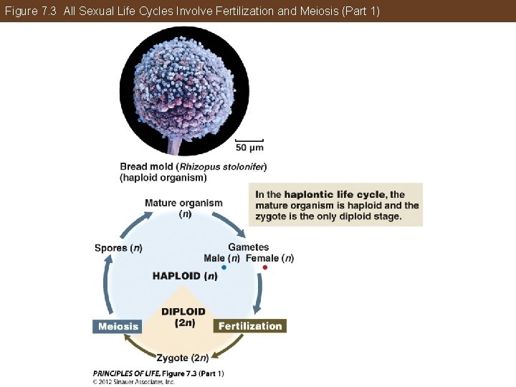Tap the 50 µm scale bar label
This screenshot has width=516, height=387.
point(249,148)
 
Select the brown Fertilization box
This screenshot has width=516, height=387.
point(250,326)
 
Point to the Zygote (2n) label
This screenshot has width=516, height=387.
point(182,358)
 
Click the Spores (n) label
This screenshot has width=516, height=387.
point(118,248)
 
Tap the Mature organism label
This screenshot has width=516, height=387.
point(183,203)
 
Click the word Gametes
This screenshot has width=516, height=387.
point(249,247)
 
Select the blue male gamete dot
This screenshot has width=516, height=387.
point(224,267)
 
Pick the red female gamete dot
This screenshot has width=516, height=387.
point(264,267)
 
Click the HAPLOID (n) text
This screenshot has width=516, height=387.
point(185,276)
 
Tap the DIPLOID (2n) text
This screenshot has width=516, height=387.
point(183,317)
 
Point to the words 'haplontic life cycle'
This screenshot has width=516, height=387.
point(335,194)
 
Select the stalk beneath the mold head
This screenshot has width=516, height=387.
point(174,145)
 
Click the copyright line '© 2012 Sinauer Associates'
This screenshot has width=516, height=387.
point(134,382)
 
